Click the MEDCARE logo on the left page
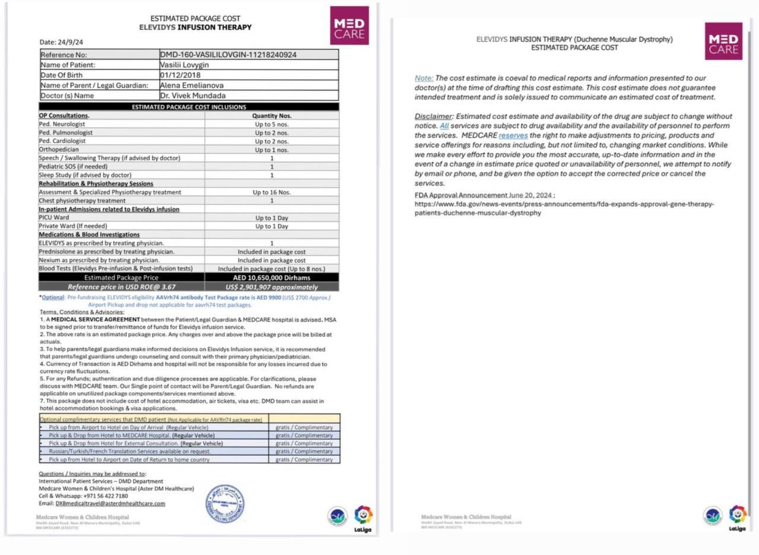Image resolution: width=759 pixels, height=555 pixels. coord(349,26)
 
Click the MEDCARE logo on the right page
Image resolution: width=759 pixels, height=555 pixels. coord(723,41)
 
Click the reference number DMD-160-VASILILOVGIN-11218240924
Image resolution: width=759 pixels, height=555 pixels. coord(228,55)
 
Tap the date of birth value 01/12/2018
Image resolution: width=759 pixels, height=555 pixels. coord(180,75)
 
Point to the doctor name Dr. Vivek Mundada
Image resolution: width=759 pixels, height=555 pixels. coord(192,95)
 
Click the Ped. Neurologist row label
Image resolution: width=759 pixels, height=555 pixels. coord(62,124)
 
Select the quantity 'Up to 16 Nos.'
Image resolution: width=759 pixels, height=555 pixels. coord(272,192)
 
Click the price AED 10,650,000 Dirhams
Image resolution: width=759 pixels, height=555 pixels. coord(272,277)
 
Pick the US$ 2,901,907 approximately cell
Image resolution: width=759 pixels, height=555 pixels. coord(272,287)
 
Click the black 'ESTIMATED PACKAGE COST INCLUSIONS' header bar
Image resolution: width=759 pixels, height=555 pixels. coord(189,107)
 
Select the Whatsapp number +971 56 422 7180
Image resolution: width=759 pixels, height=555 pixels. coord(106,496)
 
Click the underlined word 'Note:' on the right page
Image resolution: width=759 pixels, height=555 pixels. coord(424,78)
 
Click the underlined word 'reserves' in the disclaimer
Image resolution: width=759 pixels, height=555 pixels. coord(513,135)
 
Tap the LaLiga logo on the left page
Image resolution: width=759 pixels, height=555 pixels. coord(363,516)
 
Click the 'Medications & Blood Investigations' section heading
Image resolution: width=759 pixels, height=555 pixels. coord(89,235)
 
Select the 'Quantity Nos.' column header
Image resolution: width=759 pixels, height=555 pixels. coord(272,116)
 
